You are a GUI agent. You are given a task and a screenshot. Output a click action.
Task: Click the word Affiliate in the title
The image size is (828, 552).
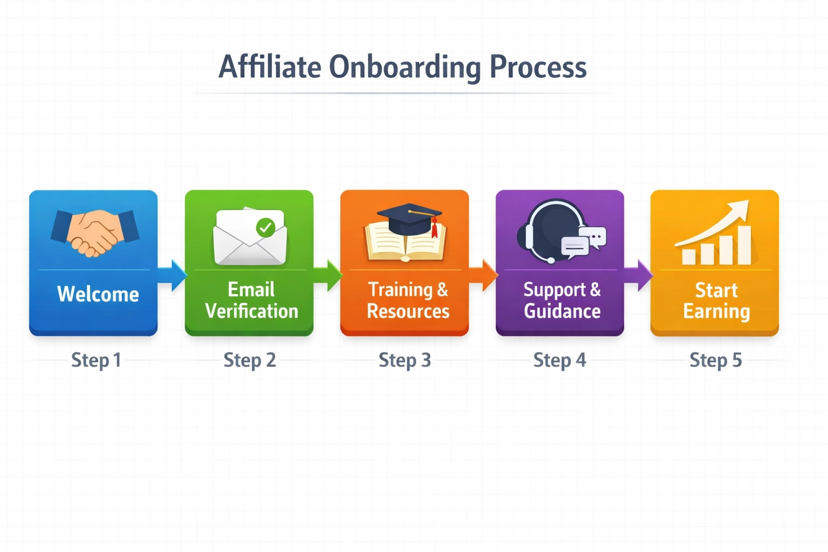(x=270, y=67)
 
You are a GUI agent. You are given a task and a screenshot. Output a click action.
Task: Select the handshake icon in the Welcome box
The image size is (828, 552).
(x=94, y=232)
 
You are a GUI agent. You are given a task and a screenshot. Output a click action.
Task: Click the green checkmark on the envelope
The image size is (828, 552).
(x=265, y=227)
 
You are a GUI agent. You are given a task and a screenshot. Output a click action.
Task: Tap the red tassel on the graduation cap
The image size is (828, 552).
(x=434, y=229)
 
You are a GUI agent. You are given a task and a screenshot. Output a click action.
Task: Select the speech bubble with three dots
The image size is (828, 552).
(x=594, y=237)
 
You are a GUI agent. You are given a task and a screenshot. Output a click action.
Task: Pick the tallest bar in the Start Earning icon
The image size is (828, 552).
(x=744, y=245)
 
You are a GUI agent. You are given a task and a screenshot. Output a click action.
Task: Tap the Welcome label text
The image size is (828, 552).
(x=98, y=294)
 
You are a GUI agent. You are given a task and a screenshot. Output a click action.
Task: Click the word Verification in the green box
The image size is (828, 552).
(x=251, y=311)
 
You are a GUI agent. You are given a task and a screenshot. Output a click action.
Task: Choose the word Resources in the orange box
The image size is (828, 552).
(x=408, y=311)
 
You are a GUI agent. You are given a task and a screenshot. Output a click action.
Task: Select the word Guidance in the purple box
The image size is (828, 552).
(x=562, y=311)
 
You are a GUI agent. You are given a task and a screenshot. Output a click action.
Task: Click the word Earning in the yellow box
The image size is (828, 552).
(x=716, y=312)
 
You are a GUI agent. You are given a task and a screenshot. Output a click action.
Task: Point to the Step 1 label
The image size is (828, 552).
(x=96, y=360)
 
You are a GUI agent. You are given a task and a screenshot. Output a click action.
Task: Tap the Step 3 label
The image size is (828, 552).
(x=405, y=360)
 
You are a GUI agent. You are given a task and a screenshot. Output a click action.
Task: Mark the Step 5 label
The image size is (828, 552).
(x=715, y=360)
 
